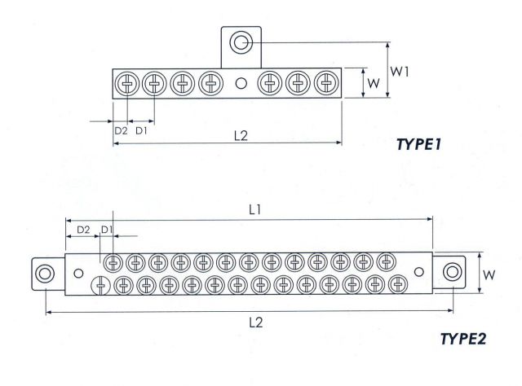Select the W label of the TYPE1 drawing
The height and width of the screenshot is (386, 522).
coord(372,83)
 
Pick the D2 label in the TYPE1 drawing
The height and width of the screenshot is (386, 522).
coord(120,130)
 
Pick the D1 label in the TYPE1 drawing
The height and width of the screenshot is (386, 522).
coord(141,130)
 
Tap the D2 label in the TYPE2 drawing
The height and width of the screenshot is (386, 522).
coord(82,230)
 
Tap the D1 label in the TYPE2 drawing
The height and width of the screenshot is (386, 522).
coord(106,230)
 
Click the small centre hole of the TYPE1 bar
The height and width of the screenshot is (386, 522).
coord(241,83)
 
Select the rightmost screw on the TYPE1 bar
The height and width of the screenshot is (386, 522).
coord(325,83)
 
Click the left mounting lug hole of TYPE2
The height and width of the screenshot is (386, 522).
coord(45,272)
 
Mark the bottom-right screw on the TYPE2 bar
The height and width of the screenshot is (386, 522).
coord(397,284)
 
